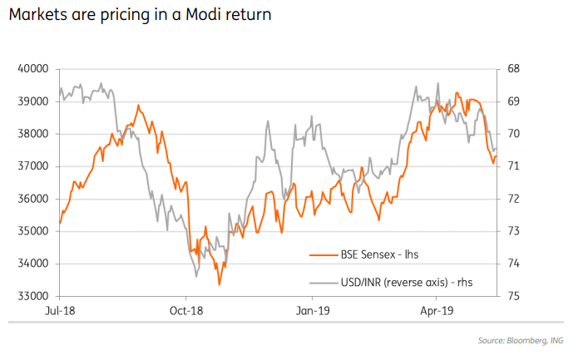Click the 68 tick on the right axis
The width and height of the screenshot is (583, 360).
coord(514,69)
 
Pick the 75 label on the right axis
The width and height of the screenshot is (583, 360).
coord(514,296)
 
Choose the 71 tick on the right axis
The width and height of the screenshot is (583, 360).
coord(514,166)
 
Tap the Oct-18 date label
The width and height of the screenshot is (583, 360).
coord(186,310)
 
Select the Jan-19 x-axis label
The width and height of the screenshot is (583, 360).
coord(312,310)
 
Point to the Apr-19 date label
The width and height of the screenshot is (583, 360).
coord(436,310)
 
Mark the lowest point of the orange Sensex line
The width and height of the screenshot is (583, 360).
coord(220,285)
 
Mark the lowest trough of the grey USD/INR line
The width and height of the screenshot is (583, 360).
coord(195,276)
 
